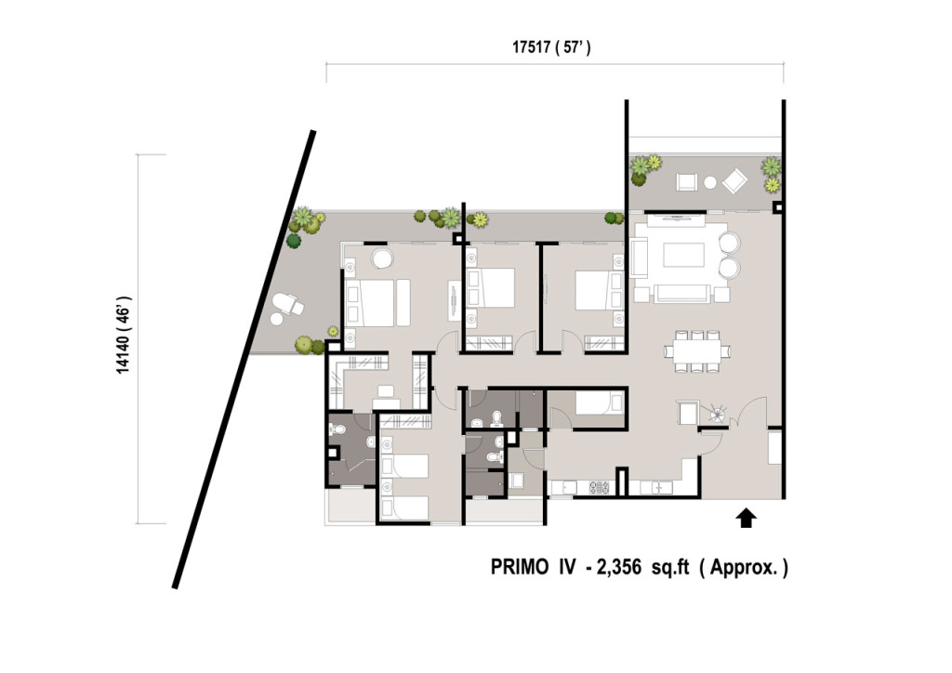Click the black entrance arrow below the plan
click(x=747, y=519)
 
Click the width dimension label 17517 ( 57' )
click(x=552, y=47)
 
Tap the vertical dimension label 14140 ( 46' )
click(x=124, y=335)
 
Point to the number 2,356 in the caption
click(x=619, y=568)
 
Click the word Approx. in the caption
click(x=745, y=568)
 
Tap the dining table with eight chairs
click(x=697, y=350)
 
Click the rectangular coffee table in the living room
click(x=683, y=255)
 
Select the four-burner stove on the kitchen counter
click(x=600, y=487)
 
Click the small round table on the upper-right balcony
click(x=709, y=181)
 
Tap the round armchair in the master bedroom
click(x=383, y=257)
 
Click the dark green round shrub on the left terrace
click(x=294, y=241)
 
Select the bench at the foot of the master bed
click(x=403, y=302)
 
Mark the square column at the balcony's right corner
click(x=777, y=207)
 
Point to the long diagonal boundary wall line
click(x=245, y=359)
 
